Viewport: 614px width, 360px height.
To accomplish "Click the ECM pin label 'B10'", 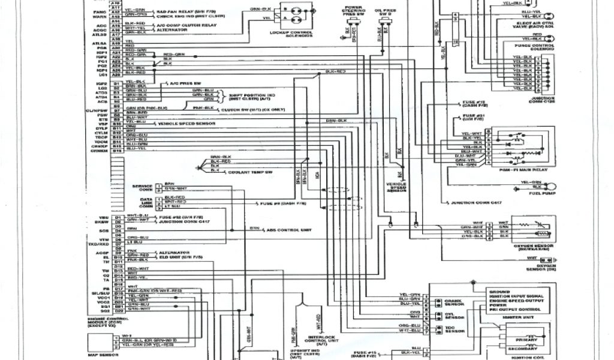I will (x=117, y=122).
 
